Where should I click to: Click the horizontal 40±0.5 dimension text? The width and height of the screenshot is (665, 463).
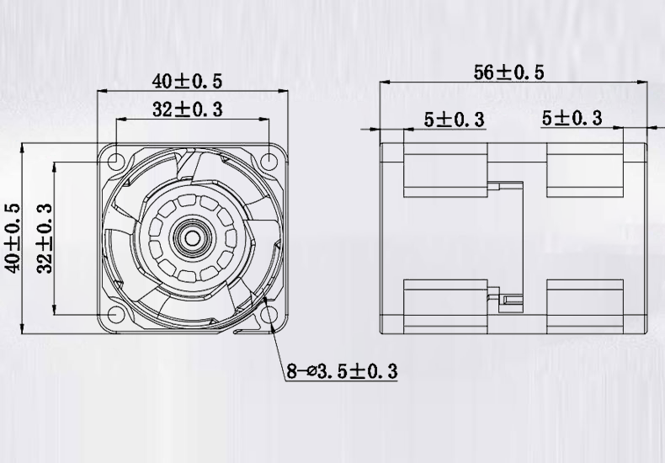pos(187,81)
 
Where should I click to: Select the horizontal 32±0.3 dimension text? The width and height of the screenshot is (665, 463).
pos(187,109)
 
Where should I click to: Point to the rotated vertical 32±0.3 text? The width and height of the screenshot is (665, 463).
pos(45,238)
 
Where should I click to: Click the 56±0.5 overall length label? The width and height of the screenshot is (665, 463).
pos(508,72)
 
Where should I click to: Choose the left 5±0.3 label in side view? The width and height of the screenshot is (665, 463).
pos(454,120)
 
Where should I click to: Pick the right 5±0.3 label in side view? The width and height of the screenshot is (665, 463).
pos(572,119)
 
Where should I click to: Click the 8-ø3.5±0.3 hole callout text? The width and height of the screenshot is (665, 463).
pos(341,370)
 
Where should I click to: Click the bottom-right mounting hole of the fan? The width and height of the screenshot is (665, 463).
pos(269,315)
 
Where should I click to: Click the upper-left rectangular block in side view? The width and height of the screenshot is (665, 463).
pos(446,169)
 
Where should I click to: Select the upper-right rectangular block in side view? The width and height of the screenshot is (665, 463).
pos(585,169)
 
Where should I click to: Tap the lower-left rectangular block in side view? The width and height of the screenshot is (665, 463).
pos(446,304)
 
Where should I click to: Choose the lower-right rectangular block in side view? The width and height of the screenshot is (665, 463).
pos(585,304)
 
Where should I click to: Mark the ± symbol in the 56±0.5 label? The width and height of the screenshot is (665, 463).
pos(508,72)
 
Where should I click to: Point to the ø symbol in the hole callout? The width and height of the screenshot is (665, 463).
pos(311,371)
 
